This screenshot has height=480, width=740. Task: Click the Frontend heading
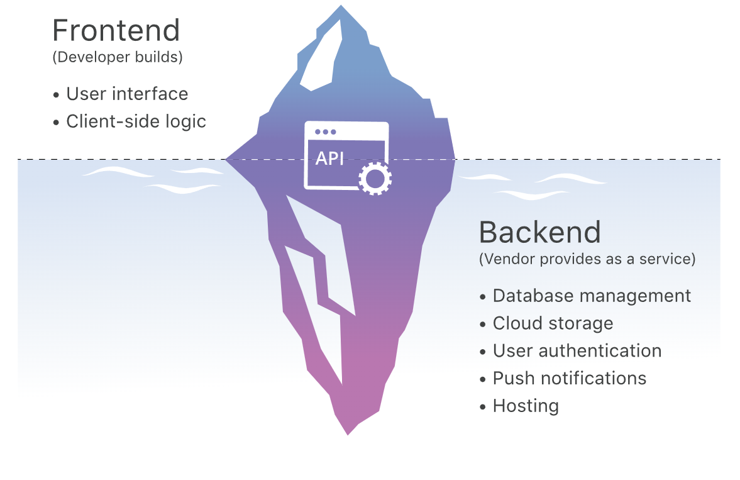coord(116,31)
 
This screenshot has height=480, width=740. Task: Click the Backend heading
coord(540,232)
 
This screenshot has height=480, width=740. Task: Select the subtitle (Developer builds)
coord(118,57)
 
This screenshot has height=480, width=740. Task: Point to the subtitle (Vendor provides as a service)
coord(587,259)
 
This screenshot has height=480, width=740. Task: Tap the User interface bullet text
coord(127,94)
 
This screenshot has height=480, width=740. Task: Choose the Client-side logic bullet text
coord(136,121)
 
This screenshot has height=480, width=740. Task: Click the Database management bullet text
coord(592,296)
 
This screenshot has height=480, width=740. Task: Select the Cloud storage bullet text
coord(553,323)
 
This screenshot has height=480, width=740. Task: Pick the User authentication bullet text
coord(577,350)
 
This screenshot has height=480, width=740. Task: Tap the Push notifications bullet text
coord(570,378)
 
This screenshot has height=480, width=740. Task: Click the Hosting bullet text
coord(526,406)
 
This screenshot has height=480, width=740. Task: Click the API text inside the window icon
coord(329,159)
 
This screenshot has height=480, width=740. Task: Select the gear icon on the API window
coord(375,179)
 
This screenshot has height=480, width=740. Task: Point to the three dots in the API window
coord(326,132)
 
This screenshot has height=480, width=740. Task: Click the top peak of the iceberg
coord(341,6)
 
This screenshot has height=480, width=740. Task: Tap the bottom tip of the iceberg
coord(348,434)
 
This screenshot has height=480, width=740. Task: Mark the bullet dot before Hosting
coord(482,407)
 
